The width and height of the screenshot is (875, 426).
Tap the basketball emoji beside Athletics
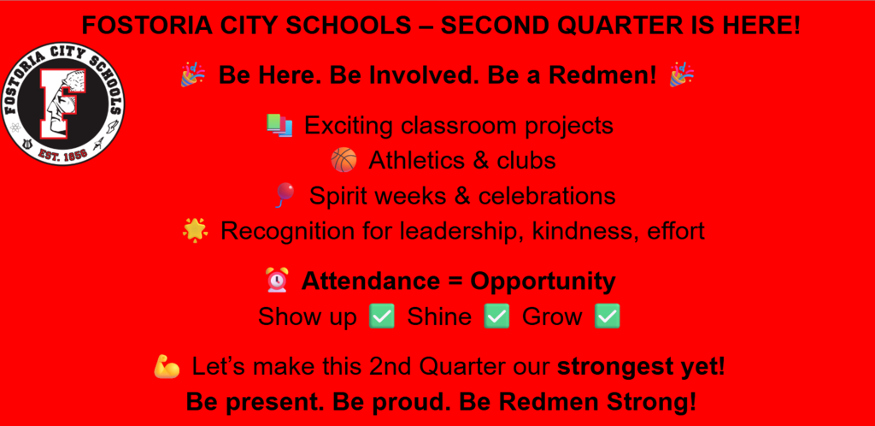(x=344, y=160)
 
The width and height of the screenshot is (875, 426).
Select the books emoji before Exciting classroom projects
(x=279, y=126)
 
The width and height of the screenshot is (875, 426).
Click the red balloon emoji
(x=283, y=196)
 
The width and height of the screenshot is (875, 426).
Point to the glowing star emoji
(x=195, y=231)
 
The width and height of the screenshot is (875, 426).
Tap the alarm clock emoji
(x=276, y=281)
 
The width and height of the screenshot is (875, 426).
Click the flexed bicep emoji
(x=167, y=367)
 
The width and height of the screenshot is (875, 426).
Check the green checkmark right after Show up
(x=381, y=317)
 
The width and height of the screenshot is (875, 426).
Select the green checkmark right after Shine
(x=496, y=317)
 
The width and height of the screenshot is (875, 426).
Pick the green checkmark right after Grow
(x=607, y=317)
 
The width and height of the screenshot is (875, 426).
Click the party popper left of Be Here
(x=192, y=75)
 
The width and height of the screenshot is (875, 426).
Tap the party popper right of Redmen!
(x=681, y=75)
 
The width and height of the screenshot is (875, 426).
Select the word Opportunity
(x=543, y=281)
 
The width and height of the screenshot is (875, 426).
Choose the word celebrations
(x=547, y=196)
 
